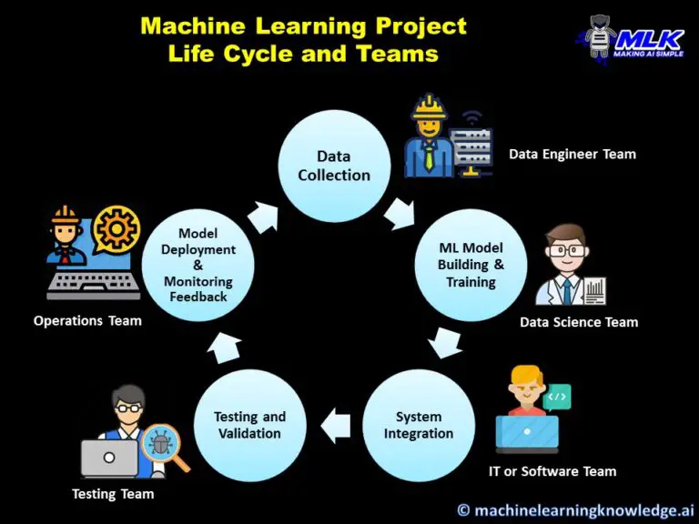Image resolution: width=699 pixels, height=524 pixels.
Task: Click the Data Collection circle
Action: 334,166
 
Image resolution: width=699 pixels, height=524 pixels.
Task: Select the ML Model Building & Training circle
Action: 471,265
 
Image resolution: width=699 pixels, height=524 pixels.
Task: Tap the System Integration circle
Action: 418,425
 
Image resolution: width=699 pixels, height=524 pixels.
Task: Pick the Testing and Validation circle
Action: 249,425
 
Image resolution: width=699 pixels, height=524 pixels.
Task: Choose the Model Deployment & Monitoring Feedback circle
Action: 198,265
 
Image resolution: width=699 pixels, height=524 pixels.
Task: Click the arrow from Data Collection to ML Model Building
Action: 399,215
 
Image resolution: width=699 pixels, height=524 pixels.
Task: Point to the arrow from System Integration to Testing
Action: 336,424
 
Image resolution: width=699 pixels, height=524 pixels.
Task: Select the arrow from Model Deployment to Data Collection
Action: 263,216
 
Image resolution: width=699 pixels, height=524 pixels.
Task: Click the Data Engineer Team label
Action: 572,154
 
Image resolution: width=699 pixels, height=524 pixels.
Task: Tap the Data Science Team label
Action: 579,322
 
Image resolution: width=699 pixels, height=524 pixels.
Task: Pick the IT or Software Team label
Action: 552,471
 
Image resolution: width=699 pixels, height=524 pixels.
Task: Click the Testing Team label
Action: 113,494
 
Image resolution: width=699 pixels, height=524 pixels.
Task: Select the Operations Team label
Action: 87,320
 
